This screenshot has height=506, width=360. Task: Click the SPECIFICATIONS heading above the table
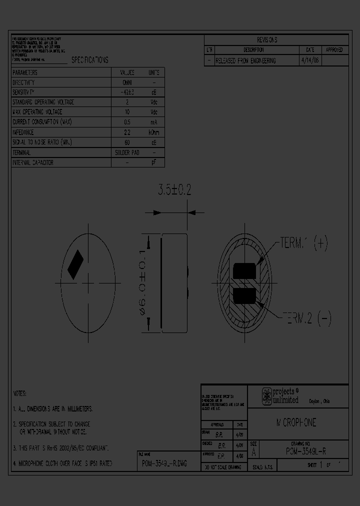click(89, 60)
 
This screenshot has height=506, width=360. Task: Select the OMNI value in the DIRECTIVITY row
click(127, 82)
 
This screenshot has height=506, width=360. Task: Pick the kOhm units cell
click(154, 132)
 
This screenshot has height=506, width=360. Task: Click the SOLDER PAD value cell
click(127, 152)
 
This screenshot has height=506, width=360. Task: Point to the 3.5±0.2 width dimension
click(174, 190)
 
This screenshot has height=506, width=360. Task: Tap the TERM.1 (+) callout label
click(303, 243)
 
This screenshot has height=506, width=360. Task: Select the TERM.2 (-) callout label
click(306, 318)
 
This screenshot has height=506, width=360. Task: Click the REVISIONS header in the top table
click(266, 40)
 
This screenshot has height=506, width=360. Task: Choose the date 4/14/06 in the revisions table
click(310, 60)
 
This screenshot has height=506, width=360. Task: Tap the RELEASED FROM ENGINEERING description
click(245, 60)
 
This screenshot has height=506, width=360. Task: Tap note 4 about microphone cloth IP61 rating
click(62, 463)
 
